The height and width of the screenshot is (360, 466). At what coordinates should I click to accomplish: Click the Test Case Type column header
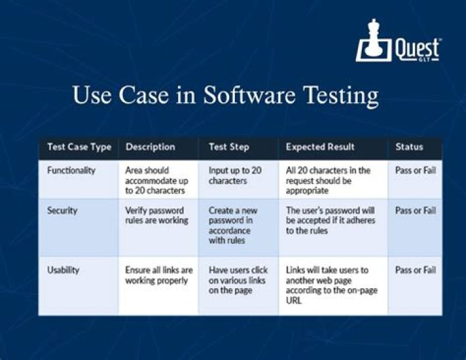click(x=79, y=147)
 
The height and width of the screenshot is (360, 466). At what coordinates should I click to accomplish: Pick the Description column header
click(x=150, y=147)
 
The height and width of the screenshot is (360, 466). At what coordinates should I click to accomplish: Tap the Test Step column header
click(x=228, y=147)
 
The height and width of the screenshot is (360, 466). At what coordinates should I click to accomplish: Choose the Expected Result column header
click(x=320, y=147)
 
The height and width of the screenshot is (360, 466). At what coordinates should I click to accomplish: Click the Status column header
click(x=408, y=147)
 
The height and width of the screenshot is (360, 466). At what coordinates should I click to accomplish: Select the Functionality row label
click(x=71, y=170)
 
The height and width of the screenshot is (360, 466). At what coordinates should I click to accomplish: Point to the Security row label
click(x=62, y=210)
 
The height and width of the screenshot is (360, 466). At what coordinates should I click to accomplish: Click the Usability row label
click(x=63, y=270)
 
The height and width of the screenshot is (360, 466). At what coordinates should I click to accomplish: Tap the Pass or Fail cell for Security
click(x=415, y=210)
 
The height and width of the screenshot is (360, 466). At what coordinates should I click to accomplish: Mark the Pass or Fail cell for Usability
click(x=415, y=270)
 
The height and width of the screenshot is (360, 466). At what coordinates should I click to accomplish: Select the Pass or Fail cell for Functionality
click(x=415, y=170)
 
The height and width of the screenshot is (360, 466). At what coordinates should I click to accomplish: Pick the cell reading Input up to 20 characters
click(x=235, y=175)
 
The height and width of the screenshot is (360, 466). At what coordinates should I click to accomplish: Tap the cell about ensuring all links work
click(x=159, y=275)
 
